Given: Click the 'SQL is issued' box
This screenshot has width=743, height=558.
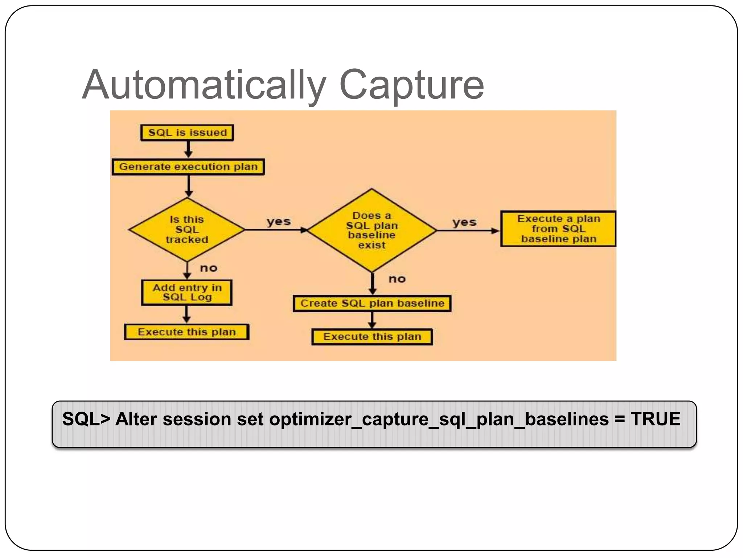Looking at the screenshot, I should [187, 133].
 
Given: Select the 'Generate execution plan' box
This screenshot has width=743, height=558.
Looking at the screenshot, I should [188, 167].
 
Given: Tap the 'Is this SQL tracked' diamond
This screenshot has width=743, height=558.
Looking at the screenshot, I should [187, 230].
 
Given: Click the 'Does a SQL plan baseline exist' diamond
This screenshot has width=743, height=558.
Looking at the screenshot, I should [371, 230].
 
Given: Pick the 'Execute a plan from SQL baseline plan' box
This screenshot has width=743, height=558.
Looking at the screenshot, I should [558, 229].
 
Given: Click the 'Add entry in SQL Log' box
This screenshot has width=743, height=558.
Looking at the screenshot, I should [187, 292].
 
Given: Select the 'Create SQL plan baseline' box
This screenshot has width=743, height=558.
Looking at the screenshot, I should [372, 303].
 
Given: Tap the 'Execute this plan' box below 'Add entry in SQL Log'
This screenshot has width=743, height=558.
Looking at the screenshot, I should [187, 332].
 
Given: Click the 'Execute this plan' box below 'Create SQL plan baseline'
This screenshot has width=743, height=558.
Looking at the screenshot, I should [372, 337].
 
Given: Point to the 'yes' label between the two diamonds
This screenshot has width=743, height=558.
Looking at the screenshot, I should [279, 221].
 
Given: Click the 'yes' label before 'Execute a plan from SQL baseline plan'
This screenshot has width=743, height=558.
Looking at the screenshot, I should [464, 222].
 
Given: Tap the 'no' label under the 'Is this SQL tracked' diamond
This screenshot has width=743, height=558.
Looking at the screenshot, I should [209, 268].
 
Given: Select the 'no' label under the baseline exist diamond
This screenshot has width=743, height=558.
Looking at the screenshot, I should [397, 279].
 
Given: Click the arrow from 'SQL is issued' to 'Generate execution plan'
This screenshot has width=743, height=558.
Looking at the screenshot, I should [188, 149].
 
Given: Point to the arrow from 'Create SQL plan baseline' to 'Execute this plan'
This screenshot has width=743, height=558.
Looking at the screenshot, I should [372, 320].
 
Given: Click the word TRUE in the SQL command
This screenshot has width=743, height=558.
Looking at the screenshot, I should [655, 419].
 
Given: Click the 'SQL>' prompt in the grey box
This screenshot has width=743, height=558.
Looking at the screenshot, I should [86, 419].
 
